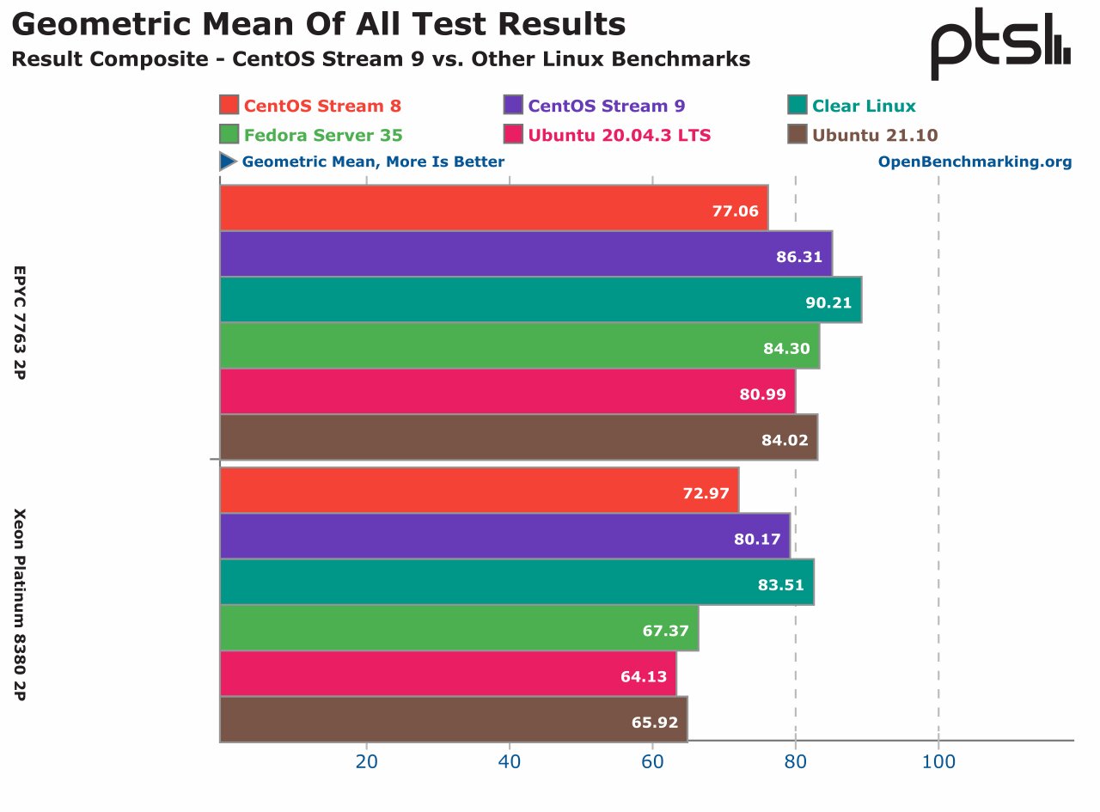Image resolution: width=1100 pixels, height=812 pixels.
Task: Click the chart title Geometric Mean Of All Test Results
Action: (x=319, y=25)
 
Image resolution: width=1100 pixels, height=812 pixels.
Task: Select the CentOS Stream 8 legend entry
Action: (x=322, y=107)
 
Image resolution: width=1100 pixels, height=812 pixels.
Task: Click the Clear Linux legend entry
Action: (x=864, y=107)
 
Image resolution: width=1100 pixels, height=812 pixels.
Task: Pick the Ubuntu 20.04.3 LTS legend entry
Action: (x=619, y=135)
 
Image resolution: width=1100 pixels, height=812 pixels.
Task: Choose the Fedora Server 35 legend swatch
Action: (x=229, y=135)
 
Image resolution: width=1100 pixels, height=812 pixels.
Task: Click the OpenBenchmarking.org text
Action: (x=975, y=162)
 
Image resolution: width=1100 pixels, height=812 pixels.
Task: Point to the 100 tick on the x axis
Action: (x=938, y=761)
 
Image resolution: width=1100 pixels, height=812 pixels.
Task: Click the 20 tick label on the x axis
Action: (x=367, y=761)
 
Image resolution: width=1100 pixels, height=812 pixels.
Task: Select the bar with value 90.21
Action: (x=541, y=300)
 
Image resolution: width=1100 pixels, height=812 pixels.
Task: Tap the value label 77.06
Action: (x=736, y=210)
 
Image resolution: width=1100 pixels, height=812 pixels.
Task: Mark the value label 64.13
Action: (x=644, y=676)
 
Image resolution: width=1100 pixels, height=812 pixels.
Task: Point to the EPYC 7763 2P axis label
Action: (x=19, y=323)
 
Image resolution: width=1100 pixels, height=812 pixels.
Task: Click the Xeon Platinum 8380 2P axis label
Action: (x=19, y=604)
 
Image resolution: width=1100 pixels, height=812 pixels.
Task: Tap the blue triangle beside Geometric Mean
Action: (x=228, y=162)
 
